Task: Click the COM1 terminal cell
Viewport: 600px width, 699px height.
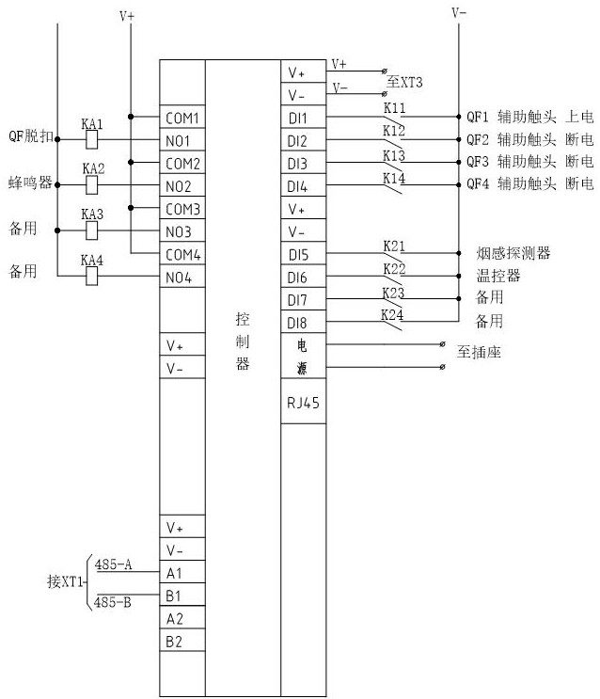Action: point(182,117)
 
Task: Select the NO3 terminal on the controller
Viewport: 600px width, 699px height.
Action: point(182,230)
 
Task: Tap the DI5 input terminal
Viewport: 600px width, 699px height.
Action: point(303,254)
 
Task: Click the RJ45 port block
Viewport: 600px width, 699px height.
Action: point(303,401)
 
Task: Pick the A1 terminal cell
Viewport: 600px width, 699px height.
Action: point(182,572)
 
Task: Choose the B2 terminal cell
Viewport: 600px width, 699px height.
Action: point(182,640)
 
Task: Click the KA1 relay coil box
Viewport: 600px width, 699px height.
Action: point(92,139)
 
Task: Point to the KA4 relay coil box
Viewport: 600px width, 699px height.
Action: point(92,276)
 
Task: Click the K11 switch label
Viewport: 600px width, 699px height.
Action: point(394,108)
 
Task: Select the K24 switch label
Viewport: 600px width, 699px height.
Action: point(392,315)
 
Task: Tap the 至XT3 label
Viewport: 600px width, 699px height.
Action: point(404,82)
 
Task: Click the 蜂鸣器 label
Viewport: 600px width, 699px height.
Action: point(30,183)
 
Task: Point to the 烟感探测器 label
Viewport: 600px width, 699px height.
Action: point(513,253)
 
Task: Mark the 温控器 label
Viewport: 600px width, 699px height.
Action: point(498,276)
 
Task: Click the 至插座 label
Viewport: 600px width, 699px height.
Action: point(479,352)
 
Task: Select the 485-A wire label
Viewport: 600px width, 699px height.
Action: point(113,564)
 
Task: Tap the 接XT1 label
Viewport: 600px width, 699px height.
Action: point(65,581)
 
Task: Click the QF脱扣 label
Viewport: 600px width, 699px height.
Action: point(31,136)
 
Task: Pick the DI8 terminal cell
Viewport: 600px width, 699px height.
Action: point(303,322)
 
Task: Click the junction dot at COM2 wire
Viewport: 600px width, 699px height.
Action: point(131,162)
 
